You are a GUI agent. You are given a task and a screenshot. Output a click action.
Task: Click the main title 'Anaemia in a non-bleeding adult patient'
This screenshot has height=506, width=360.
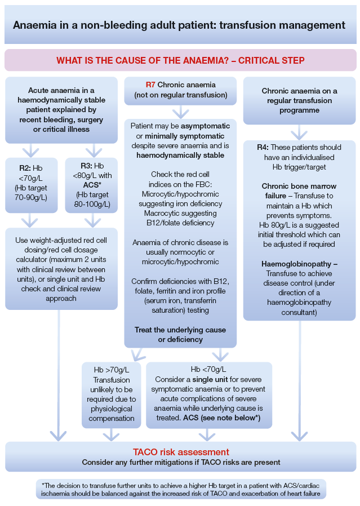[x=179, y=25]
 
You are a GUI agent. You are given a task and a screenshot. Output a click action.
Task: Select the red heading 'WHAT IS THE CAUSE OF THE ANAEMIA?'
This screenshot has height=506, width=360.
[x=180, y=60]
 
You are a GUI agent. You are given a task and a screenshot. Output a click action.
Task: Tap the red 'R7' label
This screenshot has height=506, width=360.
[x=150, y=85]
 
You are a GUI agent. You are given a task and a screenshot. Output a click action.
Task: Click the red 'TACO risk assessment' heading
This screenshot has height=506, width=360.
[x=181, y=452]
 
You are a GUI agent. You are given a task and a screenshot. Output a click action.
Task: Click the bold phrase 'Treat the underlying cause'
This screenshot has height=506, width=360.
[x=180, y=330]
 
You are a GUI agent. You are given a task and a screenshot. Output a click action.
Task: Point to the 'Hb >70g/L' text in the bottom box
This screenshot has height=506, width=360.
[x=111, y=370]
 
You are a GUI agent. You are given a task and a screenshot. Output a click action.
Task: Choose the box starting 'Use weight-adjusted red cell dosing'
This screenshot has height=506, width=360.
[x=61, y=268]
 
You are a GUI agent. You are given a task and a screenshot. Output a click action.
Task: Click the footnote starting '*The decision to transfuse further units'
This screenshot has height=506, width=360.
[x=180, y=489]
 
